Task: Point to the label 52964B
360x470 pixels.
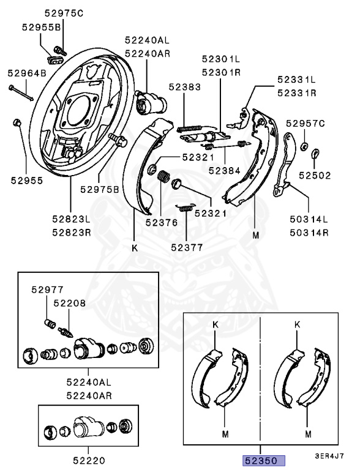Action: (x=27, y=73)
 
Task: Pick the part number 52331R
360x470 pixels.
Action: (x=296, y=93)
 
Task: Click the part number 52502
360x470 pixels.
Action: (x=315, y=175)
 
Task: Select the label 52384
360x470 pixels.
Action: (x=223, y=171)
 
